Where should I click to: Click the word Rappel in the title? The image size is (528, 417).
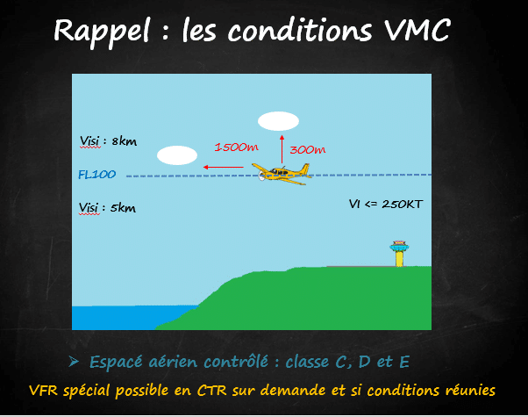click(102, 32)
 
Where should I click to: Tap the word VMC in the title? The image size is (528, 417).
click(417, 30)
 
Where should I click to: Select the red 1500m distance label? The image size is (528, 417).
click(237, 147)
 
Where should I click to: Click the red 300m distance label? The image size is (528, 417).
click(308, 149)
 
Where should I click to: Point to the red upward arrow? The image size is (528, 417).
click(282, 149)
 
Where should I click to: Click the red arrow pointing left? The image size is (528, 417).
click(224, 167)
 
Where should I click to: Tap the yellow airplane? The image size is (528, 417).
click(282, 174)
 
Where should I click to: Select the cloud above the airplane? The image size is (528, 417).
click(278, 121)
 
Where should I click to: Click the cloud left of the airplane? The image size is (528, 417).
click(177, 155)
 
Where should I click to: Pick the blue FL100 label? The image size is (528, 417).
click(97, 175)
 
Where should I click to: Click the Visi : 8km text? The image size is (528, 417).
click(108, 141)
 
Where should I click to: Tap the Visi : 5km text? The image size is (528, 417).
click(107, 208)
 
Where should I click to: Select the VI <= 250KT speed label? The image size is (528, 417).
click(386, 204)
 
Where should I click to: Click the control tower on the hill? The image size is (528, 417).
click(399, 254)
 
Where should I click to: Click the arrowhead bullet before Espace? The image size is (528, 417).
click(74, 362)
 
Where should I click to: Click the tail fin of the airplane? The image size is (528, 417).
click(305, 169)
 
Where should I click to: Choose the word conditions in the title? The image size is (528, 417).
click(300, 30)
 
